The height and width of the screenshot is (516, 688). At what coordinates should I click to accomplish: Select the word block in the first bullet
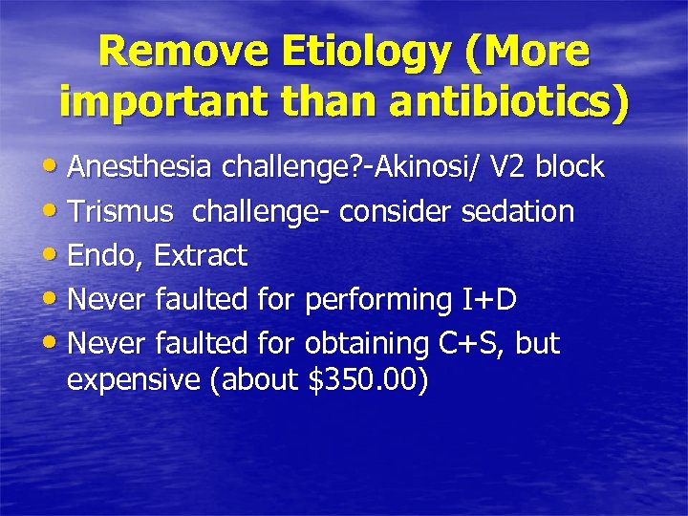point(570,167)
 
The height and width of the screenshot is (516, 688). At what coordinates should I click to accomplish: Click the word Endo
point(106,256)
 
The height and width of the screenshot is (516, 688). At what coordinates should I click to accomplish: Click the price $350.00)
point(370,381)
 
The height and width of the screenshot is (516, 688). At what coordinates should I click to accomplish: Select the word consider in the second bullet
point(389,211)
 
